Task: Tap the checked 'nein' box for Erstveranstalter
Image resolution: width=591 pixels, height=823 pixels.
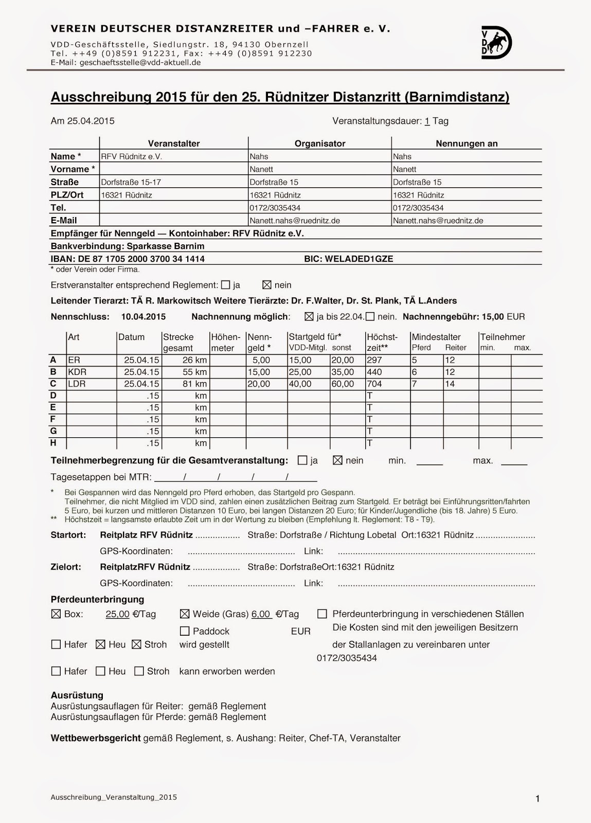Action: (x=266, y=285)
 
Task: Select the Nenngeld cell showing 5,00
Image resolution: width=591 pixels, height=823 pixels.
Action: (x=261, y=360)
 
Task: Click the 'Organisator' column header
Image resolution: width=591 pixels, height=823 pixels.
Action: (x=320, y=144)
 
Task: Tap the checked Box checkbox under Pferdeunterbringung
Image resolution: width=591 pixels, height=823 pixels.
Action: (x=56, y=614)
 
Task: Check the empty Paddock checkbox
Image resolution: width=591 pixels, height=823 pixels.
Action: (x=185, y=631)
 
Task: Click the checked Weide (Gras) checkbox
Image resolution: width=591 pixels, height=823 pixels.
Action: (x=185, y=614)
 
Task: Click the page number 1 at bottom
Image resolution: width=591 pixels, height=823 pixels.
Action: (x=538, y=799)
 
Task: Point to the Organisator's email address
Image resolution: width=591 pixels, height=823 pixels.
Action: (x=294, y=221)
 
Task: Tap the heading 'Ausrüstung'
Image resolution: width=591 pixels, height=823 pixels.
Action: (x=77, y=695)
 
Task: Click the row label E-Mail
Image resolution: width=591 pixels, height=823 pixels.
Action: (x=64, y=221)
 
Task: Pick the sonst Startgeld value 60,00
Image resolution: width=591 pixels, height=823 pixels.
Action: (x=343, y=384)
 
